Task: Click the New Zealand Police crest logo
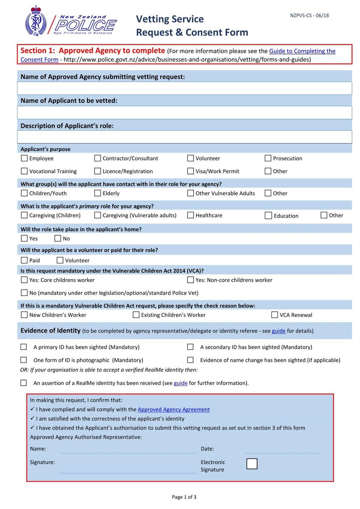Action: coord(36,21)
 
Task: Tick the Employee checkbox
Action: coord(24,158)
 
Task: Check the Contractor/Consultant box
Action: coord(98,158)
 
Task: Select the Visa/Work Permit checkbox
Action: coord(190,171)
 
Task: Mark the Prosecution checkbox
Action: coord(268,158)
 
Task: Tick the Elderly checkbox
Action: coord(98,193)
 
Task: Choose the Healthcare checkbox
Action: coord(190,215)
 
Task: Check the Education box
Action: coord(268,216)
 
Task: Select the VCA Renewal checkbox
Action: coord(275,315)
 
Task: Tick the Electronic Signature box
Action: coord(252,464)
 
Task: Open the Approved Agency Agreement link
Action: coord(174,410)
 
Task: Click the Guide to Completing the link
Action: coord(302,51)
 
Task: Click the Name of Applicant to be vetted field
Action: coord(184,113)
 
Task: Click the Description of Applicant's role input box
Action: coord(184,137)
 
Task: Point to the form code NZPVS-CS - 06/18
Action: coord(309,16)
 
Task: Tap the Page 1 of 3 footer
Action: coord(184,497)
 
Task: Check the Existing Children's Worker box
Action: coord(136,315)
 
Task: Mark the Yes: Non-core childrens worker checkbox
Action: coord(190,280)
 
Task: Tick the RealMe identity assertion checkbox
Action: coord(24,383)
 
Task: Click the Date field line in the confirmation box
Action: coord(282,449)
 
